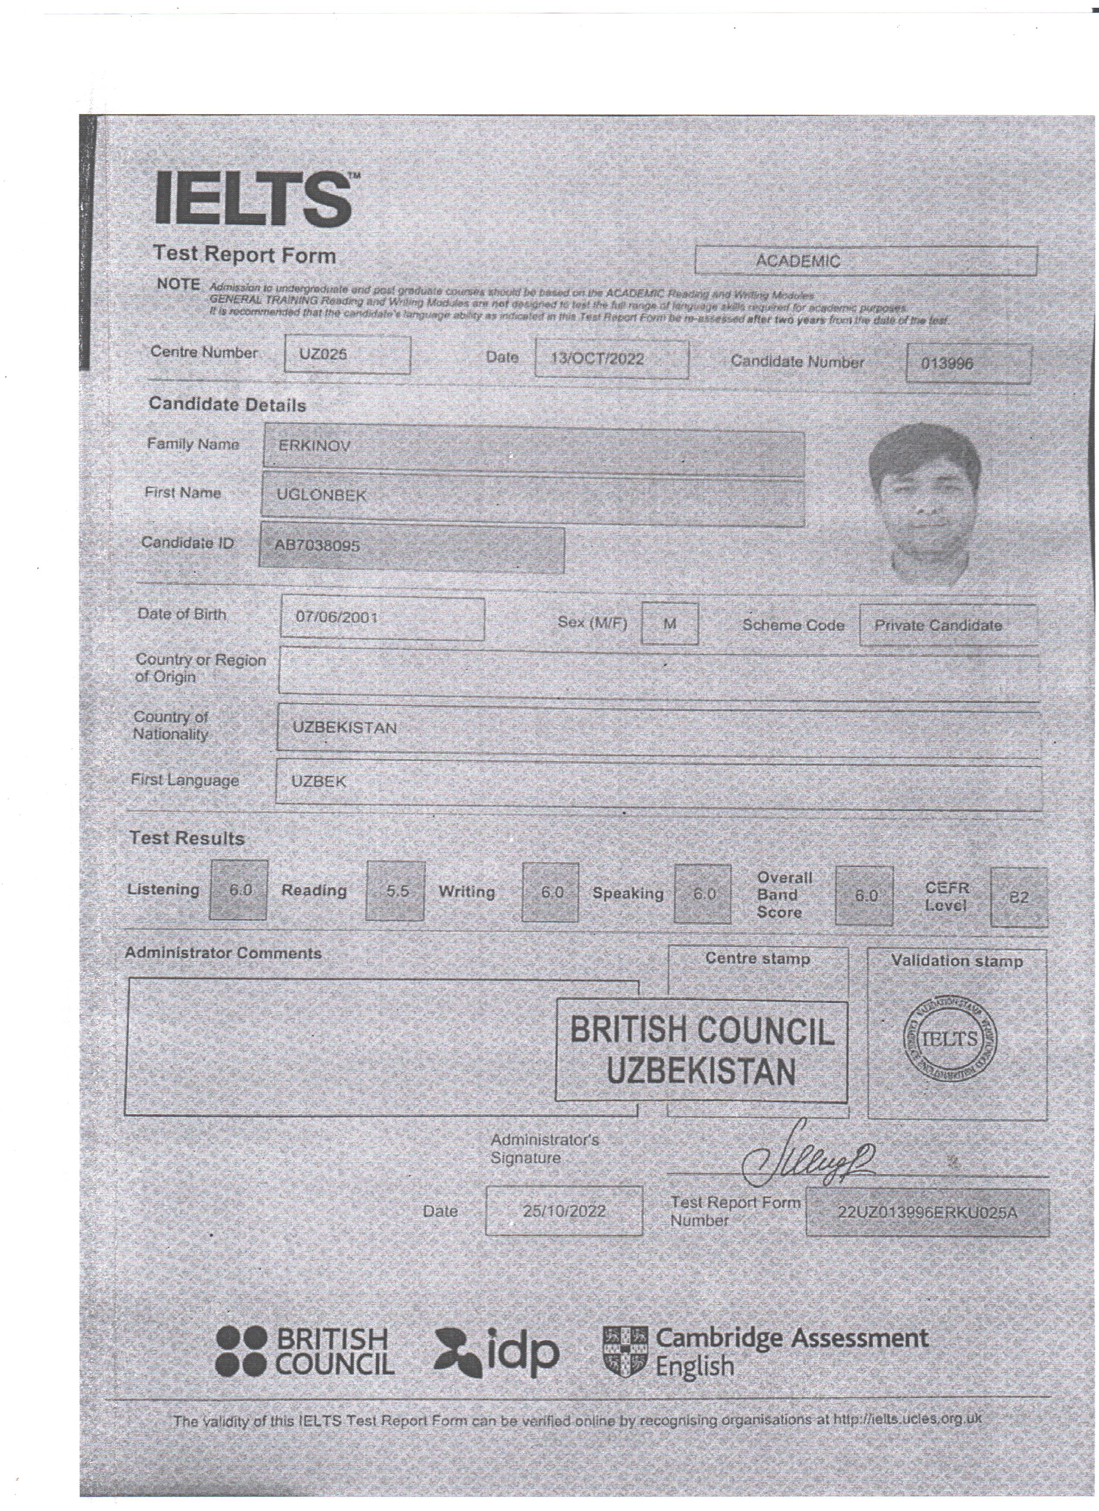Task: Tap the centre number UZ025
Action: (x=323, y=354)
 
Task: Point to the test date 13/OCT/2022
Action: (x=597, y=359)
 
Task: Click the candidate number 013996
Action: (x=947, y=364)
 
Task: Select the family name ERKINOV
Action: (x=314, y=446)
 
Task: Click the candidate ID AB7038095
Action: (x=317, y=546)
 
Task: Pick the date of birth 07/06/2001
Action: (x=337, y=618)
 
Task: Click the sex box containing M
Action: (x=670, y=624)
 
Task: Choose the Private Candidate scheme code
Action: (x=938, y=625)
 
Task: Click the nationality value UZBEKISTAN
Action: (x=344, y=728)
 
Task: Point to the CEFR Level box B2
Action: (x=1018, y=897)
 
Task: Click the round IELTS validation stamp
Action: (x=950, y=1039)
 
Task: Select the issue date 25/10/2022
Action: (x=564, y=1211)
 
